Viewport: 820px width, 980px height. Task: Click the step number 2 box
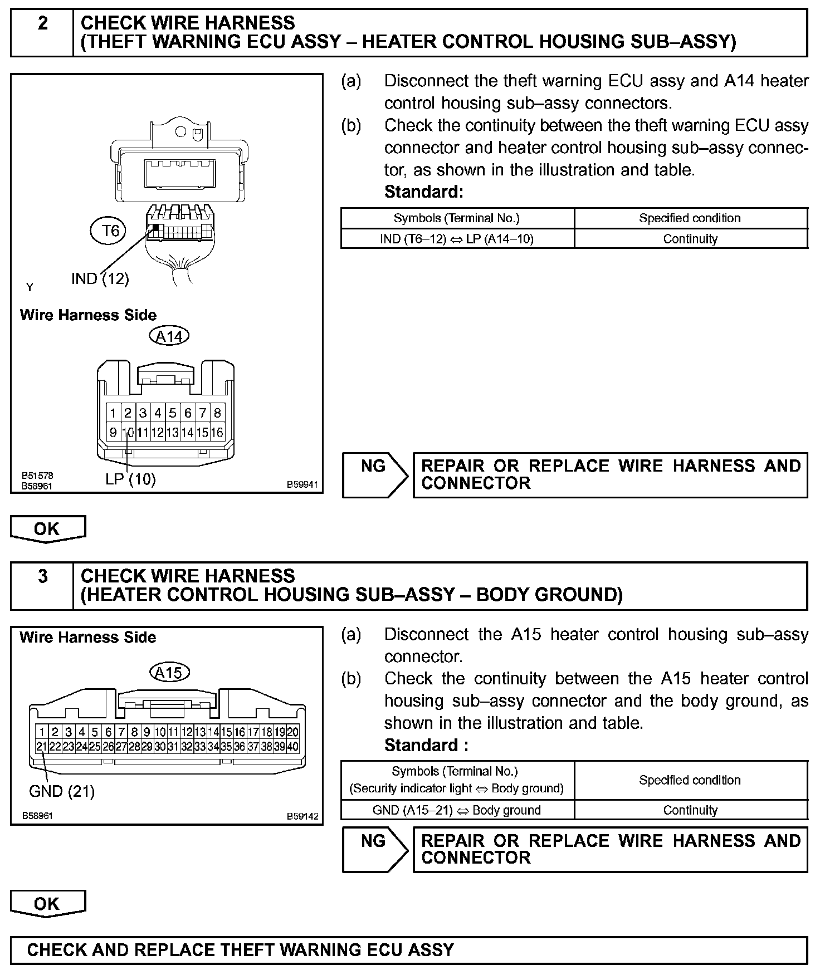(x=42, y=32)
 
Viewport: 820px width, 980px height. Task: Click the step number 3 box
(x=42, y=585)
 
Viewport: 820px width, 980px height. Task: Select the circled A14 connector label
(x=169, y=336)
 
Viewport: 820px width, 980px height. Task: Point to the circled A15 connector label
(x=169, y=673)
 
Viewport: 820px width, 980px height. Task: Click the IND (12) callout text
(x=100, y=278)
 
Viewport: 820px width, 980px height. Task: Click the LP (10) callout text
(x=130, y=479)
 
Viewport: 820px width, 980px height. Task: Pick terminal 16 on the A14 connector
(x=217, y=432)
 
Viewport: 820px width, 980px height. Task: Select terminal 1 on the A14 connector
(x=113, y=413)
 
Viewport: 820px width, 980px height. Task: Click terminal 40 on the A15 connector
(x=293, y=747)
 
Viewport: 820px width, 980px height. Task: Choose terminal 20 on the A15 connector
(x=293, y=732)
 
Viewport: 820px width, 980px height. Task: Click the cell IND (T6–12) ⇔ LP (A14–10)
(x=457, y=239)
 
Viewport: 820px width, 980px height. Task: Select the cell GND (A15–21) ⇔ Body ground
(x=457, y=810)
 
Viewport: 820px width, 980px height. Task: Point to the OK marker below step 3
(x=48, y=903)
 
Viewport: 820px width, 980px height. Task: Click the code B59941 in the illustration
(x=302, y=485)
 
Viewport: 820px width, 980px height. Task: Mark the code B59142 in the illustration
(x=302, y=816)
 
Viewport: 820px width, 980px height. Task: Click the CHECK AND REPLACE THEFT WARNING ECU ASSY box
(x=408, y=950)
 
